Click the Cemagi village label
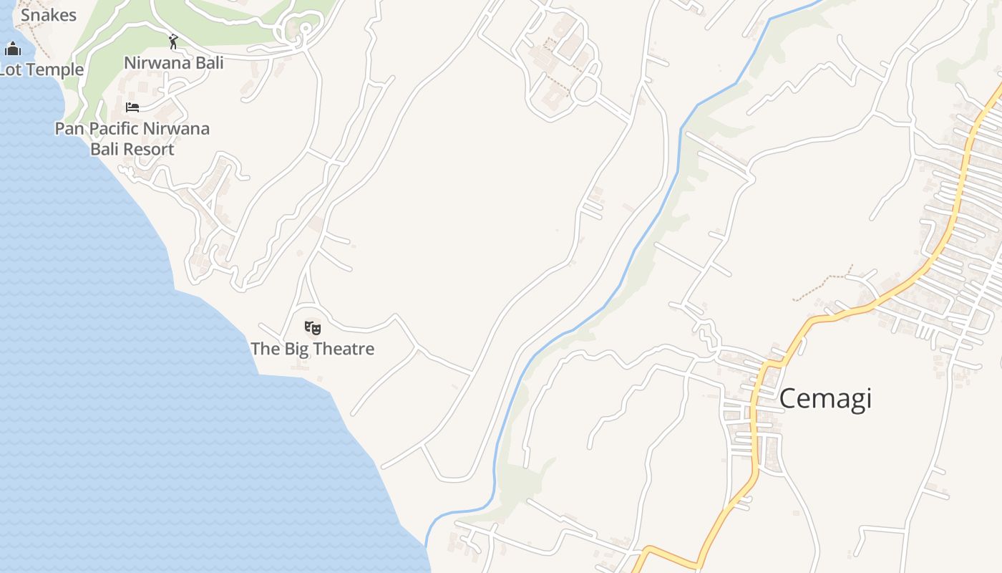coord(825,398)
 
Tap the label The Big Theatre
coord(312,349)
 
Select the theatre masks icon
coord(312,328)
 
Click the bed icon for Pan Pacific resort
coord(132,107)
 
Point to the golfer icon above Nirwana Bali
coord(172,42)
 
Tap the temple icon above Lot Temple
coord(12,49)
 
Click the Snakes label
coord(48,15)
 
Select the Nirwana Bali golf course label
coord(173,62)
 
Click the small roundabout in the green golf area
coord(305,29)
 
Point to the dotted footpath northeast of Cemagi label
coord(823,284)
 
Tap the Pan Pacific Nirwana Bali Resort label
coord(132,139)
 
